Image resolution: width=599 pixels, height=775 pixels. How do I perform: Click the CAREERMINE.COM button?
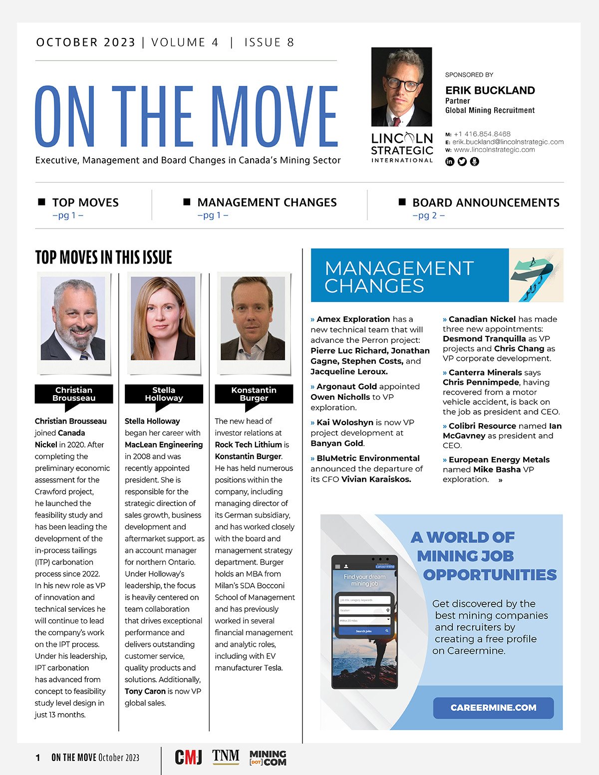tap(493, 708)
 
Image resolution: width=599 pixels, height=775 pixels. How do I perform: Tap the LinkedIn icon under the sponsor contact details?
tap(450, 162)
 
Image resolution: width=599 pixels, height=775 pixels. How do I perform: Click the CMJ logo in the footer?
tap(188, 757)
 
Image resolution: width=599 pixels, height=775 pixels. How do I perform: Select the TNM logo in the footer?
tap(226, 756)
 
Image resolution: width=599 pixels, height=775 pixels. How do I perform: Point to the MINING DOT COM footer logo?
tap(268, 758)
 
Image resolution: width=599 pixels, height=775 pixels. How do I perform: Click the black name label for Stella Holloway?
tap(164, 394)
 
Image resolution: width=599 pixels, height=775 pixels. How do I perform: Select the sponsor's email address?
tap(508, 142)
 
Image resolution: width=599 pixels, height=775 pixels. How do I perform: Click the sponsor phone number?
tap(482, 134)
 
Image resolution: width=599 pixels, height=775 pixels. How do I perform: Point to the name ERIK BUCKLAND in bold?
tap(490, 90)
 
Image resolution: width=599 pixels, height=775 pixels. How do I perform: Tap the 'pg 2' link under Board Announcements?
tap(428, 216)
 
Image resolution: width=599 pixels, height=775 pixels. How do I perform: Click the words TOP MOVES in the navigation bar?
tap(85, 203)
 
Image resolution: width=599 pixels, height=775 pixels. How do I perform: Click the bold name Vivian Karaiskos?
tap(376, 479)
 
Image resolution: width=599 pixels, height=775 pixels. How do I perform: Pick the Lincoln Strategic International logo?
tap(402, 147)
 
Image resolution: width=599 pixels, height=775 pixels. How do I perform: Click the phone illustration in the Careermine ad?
tap(364, 622)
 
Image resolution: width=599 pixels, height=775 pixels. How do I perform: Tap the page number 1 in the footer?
tap(38, 758)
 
